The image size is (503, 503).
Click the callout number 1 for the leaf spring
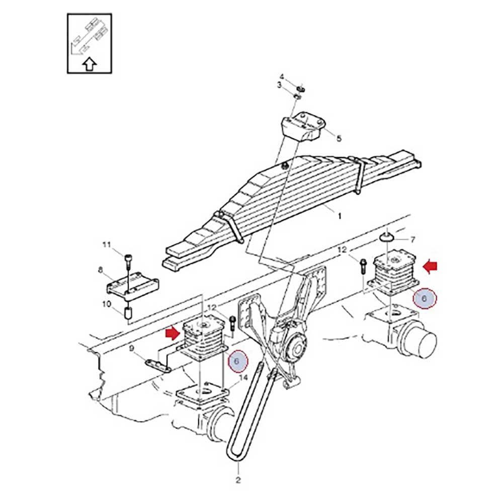click(340, 216)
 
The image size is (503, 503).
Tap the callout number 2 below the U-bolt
click(238, 480)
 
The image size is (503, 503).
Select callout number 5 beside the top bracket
click(339, 138)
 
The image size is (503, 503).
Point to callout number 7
click(412, 239)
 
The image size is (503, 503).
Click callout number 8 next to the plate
click(101, 271)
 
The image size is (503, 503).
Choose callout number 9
click(131, 348)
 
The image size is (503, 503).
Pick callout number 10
click(107, 304)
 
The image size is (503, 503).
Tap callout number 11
click(107, 245)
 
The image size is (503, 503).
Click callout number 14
click(243, 378)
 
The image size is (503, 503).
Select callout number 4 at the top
click(282, 76)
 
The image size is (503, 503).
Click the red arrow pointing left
click(430, 266)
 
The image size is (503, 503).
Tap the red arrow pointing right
click(173, 333)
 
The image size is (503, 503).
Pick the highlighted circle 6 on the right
click(425, 299)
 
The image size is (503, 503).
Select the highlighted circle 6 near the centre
click(237, 361)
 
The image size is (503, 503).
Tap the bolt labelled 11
click(127, 260)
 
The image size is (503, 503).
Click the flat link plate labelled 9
click(158, 366)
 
